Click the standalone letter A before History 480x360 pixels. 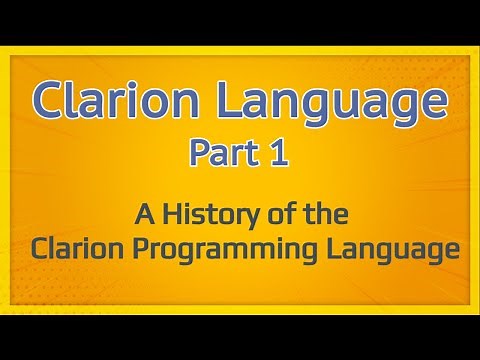coord(140,214)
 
